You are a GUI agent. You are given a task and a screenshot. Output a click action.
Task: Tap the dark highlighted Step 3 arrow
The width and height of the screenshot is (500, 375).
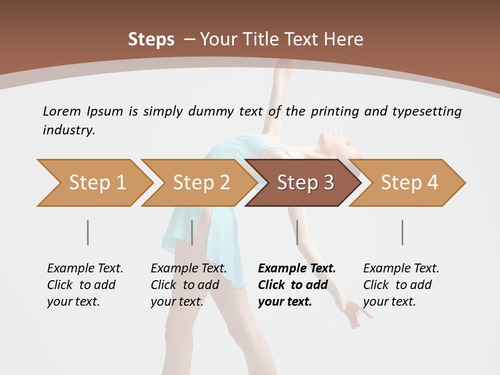point(305,183)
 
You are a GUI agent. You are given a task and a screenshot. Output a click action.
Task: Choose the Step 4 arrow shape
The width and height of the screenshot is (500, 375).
point(409,183)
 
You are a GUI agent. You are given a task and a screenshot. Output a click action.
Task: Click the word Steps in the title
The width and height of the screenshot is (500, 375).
point(151,39)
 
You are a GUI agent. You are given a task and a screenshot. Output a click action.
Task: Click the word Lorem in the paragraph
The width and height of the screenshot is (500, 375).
point(61,111)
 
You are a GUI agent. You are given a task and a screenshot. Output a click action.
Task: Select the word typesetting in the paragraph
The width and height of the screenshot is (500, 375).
point(427,111)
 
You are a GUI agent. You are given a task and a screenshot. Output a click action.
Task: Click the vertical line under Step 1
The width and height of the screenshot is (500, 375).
point(88,232)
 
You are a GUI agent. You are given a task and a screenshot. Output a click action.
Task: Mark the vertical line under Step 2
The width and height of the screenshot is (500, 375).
point(192,232)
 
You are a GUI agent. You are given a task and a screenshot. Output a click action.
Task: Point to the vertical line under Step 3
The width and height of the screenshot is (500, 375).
point(297,232)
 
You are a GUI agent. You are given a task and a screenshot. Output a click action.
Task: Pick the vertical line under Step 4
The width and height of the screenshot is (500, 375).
point(403,232)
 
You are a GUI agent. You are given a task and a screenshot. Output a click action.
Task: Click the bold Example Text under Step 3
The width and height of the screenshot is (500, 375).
point(297,269)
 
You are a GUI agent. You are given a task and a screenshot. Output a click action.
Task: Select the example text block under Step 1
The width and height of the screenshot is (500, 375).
point(85,285)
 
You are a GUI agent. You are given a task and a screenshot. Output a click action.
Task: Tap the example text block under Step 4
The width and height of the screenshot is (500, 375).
point(401,285)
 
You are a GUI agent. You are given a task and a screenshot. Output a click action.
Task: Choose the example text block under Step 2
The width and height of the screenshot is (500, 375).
point(189,285)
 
